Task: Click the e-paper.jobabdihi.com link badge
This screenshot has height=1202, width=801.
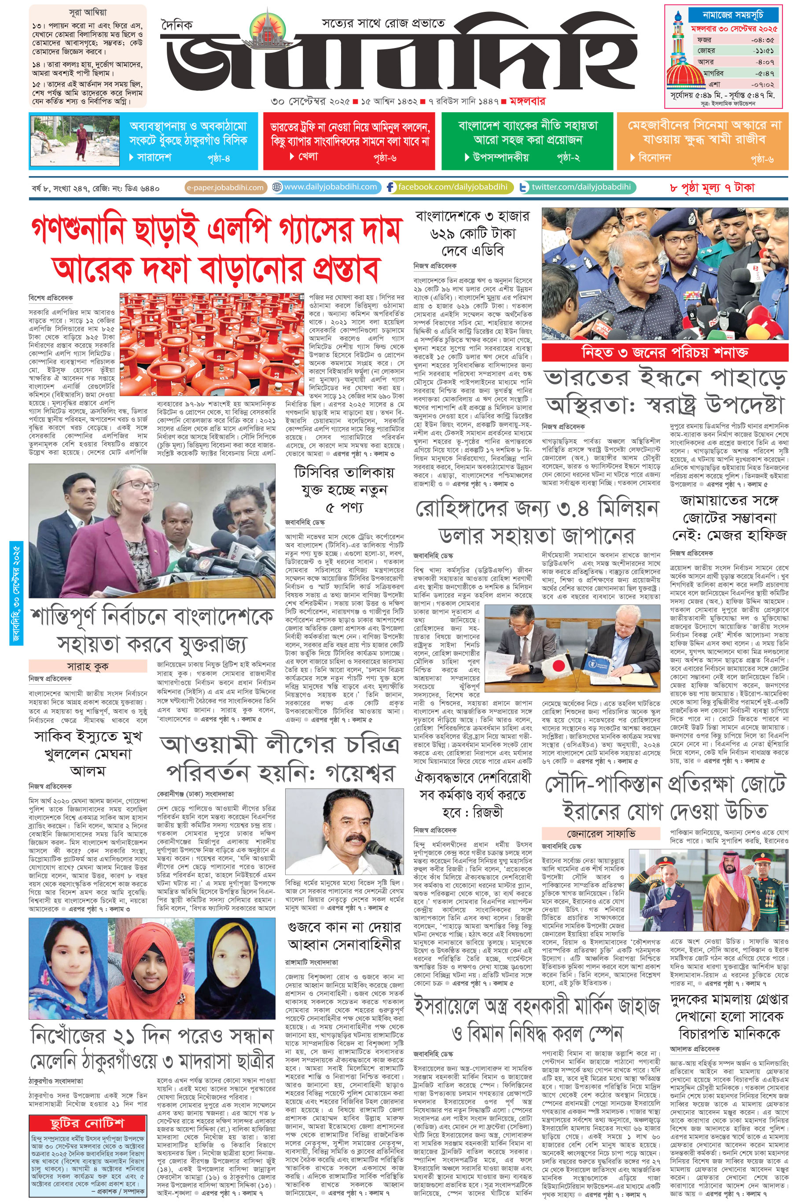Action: [x=225, y=188]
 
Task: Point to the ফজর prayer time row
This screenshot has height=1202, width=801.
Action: [x=735, y=39]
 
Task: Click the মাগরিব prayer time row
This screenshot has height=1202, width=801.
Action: [x=735, y=73]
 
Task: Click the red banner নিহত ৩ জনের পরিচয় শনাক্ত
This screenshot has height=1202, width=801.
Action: [x=665, y=352]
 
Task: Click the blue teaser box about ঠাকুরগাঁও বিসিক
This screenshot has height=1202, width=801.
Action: [x=143, y=141]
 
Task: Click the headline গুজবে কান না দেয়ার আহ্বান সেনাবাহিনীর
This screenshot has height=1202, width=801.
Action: [x=344, y=935]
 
